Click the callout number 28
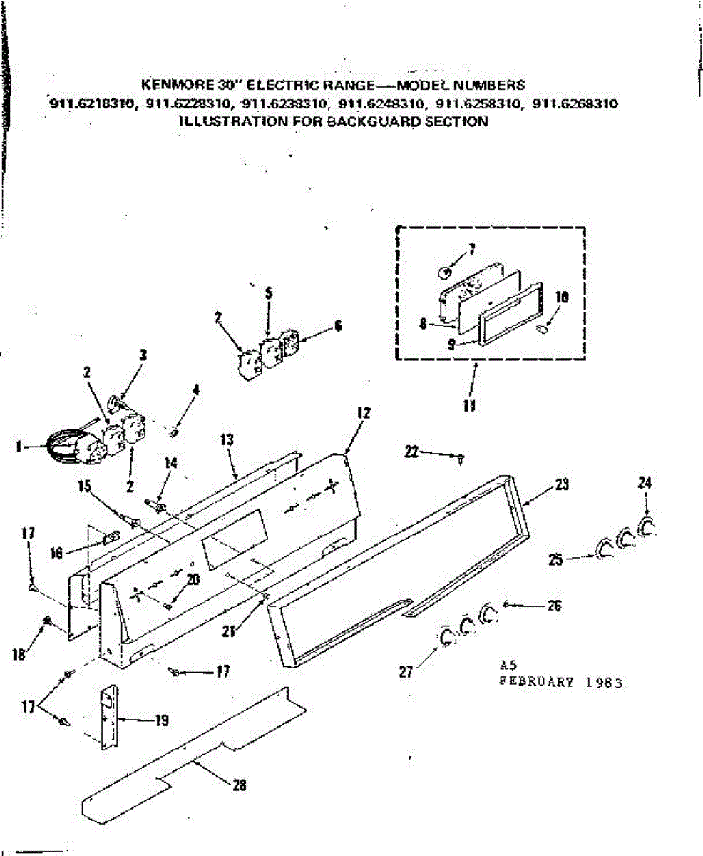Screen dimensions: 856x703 pyautogui.click(x=240, y=785)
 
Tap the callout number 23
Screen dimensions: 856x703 pyautogui.click(x=563, y=483)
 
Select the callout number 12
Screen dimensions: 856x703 pyautogui.click(x=364, y=412)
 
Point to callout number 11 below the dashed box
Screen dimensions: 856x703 pyautogui.click(x=469, y=407)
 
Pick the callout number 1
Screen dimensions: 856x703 pyautogui.click(x=16, y=447)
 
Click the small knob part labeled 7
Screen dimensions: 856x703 pyautogui.click(x=443, y=272)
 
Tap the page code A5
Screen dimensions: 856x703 pyautogui.click(x=508, y=665)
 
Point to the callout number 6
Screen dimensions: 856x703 pyautogui.click(x=338, y=325)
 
